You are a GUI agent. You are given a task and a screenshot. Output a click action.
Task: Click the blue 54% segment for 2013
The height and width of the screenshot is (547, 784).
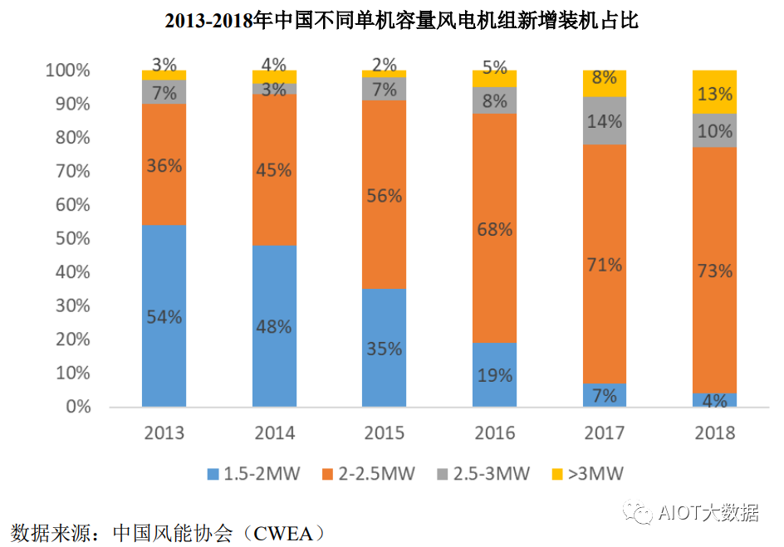[164, 315]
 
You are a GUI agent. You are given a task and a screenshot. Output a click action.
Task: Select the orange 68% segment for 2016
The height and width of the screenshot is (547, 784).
[494, 228]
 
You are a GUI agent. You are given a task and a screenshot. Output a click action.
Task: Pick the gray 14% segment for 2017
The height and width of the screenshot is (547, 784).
[605, 121]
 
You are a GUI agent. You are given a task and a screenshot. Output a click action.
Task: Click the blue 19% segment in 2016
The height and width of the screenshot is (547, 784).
[494, 374]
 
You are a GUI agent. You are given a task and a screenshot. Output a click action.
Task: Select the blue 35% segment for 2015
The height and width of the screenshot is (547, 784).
[384, 348]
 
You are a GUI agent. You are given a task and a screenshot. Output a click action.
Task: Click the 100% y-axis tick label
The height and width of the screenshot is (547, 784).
[66, 71]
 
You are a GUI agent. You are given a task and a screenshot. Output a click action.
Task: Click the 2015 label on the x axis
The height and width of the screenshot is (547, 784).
[384, 433]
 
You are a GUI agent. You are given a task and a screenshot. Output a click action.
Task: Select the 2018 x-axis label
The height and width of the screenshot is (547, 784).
[714, 433]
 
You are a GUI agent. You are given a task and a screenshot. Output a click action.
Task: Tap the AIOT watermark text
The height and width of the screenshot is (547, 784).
[706, 512]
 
